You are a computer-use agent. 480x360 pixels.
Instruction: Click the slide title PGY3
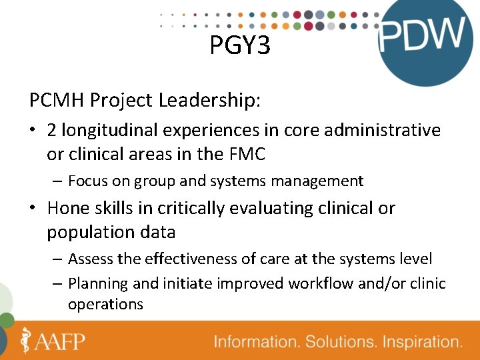240,45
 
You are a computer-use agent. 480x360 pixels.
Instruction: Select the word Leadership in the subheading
210,101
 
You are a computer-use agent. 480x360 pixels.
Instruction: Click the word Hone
68,208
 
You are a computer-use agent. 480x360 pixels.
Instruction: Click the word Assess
89,259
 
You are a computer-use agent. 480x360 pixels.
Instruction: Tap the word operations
105,304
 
